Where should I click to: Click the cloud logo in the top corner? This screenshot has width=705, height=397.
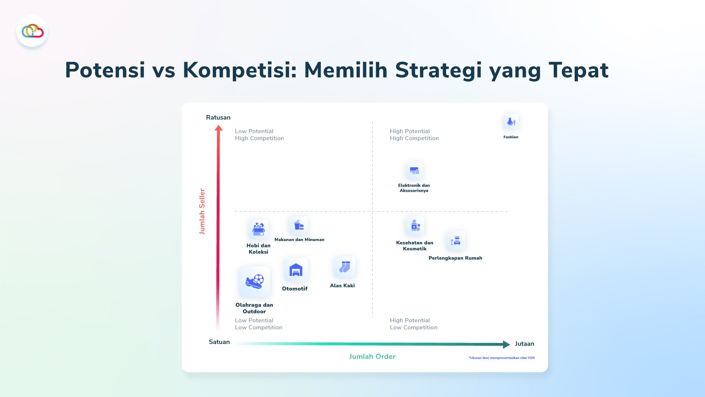tap(32, 31)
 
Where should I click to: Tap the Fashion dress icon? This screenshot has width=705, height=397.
tap(511, 122)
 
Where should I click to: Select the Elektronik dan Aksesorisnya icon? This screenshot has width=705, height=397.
tap(414, 171)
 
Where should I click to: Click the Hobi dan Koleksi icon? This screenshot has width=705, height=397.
tap(258, 229)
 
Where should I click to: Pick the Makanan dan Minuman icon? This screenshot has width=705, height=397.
tap(299, 225)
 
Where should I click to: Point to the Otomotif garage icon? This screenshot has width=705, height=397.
tap(296, 270)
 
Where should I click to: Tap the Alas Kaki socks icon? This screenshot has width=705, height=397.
tap(344, 267)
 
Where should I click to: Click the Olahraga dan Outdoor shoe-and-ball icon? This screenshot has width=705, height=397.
tap(254, 282)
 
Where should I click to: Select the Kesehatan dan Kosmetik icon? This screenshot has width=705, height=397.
tap(415, 226)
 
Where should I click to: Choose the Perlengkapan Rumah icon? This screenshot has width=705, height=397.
tap(455, 241)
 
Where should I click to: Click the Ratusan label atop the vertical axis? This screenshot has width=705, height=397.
tap(218, 118)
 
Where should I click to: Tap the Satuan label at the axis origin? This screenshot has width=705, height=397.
tap(219, 342)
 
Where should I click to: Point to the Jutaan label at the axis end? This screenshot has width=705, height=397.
tap(524, 344)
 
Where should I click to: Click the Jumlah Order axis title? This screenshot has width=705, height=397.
tap(372, 357)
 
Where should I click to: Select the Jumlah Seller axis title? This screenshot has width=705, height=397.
tap(202, 212)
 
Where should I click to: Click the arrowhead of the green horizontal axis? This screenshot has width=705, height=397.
tap(507, 344)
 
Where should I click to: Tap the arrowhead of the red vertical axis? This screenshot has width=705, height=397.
tap(218, 128)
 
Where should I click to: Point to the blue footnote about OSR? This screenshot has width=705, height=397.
tap(502, 358)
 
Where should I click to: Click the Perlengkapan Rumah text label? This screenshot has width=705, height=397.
tap(455, 258)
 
